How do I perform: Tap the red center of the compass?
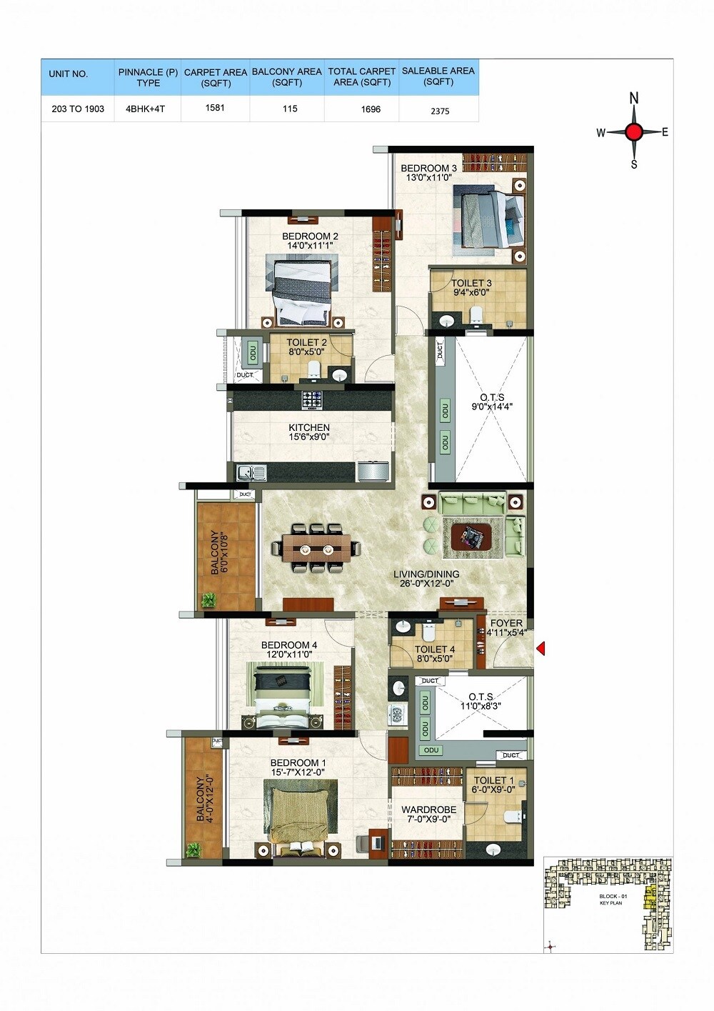point(634,131)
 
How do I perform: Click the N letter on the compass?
point(634,99)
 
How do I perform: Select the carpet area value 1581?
point(215,109)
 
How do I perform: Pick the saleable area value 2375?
point(440,111)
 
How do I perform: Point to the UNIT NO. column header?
point(69,74)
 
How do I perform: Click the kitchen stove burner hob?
point(312,399)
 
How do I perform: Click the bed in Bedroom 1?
point(300,813)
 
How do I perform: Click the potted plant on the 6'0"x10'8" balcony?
point(208,600)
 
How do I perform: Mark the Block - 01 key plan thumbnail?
point(608,904)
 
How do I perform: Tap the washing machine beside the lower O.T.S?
point(397,713)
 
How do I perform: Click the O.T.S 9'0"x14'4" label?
point(492,402)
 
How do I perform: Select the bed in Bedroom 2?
point(303,289)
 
